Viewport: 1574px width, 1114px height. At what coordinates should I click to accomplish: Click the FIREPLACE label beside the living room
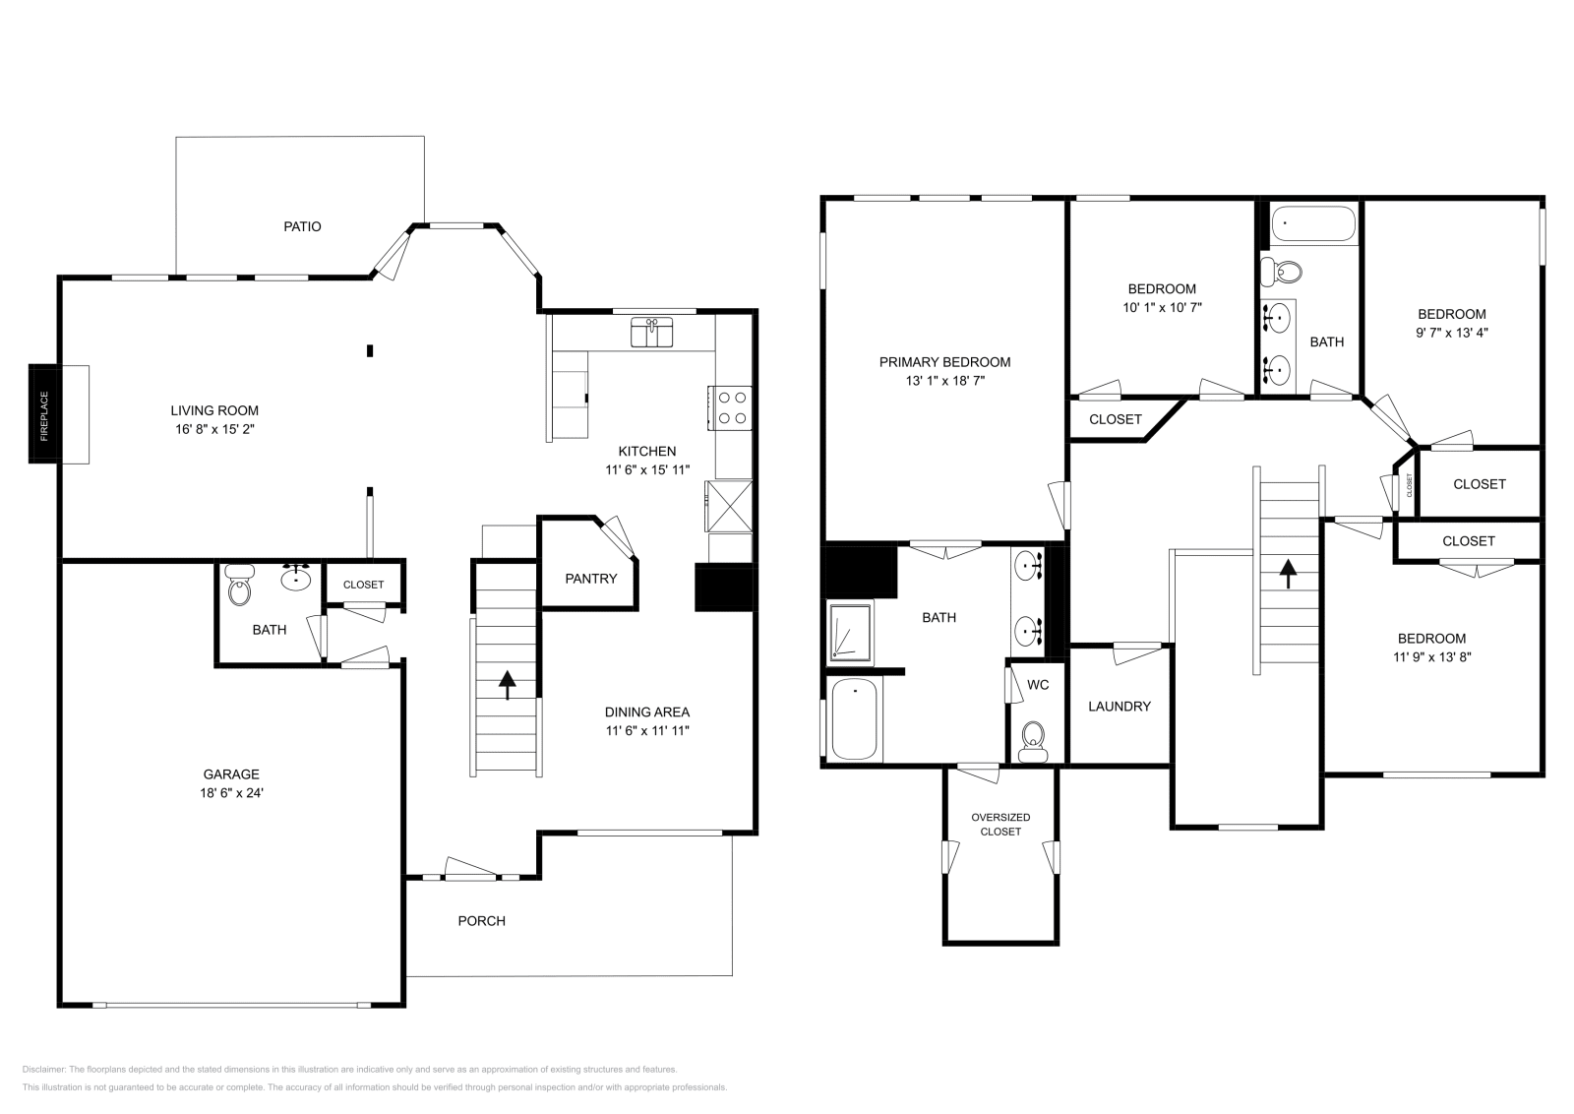pyautogui.click(x=44, y=414)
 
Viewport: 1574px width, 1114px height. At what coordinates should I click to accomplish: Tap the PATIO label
pyautogui.click(x=302, y=226)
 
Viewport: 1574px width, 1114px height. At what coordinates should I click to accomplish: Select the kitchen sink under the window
pyautogui.click(x=651, y=333)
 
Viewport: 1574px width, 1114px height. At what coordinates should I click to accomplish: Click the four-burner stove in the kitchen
pyautogui.click(x=731, y=408)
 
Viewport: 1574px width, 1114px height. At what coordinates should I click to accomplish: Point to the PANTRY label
pyautogui.click(x=590, y=579)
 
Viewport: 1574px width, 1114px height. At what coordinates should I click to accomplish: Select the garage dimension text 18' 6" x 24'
pyautogui.click(x=232, y=793)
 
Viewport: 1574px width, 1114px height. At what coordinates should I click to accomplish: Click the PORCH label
pyautogui.click(x=481, y=921)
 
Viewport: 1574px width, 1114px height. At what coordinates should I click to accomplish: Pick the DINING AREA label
pyautogui.click(x=646, y=712)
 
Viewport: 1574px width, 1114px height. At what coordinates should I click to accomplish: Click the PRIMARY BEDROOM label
pyautogui.click(x=944, y=362)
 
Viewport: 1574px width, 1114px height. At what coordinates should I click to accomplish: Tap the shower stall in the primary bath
pyautogui.click(x=850, y=632)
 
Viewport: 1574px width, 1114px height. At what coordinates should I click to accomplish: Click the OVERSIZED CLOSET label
pyautogui.click(x=1000, y=825)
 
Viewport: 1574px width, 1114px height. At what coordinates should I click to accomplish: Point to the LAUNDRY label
pyautogui.click(x=1119, y=707)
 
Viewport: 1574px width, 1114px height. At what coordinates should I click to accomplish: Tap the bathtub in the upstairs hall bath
pyautogui.click(x=1312, y=224)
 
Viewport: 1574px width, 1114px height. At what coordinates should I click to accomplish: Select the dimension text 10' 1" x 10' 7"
pyautogui.click(x=1162, y=307)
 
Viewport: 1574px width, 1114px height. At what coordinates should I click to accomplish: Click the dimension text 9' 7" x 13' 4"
pyautogui.click(x=1451, y=333)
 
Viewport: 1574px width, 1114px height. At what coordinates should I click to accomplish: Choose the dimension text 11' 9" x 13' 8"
pyautogui.click(x=1431, y=657)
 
